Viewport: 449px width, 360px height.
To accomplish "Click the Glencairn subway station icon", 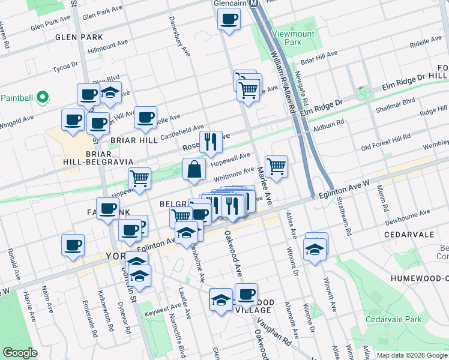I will pos(254,2).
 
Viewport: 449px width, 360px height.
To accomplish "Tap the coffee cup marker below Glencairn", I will pos(229,19).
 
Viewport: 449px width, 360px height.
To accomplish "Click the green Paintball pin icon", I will pos(42,97).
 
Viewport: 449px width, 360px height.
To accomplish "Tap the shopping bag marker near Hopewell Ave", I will pos(195,170).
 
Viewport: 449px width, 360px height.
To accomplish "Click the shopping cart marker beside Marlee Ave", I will pos(276,166).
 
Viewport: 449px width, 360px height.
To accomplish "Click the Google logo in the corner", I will pos(20,353).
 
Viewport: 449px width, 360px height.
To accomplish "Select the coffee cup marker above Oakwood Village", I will pos(246,294).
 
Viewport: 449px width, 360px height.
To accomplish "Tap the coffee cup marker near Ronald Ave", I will pos(73,245).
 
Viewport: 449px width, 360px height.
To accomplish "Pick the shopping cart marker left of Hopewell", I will pos(139,178).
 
